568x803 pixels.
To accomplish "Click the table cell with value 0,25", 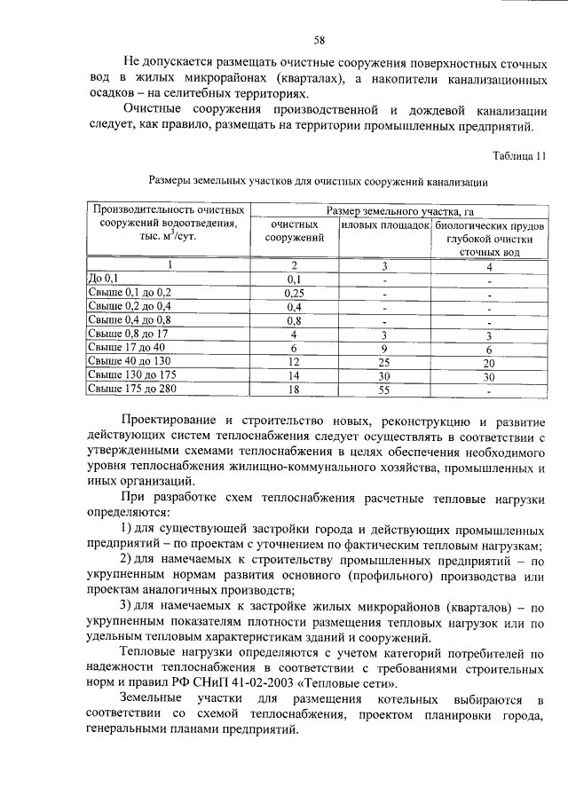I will [x=295, y=292].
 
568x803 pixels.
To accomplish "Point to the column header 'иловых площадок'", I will [x=385, y=225].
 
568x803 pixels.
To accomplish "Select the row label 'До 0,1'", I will [x=103, y=279].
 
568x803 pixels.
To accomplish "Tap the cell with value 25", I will [x=384, y=362].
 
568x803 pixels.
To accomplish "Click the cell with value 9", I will [x=384, y=348].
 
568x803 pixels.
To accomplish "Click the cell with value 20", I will [x=488, y=362].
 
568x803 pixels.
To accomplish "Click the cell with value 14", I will [x=295, y=375].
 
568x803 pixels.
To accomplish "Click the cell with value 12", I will [x=295, y=362].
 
